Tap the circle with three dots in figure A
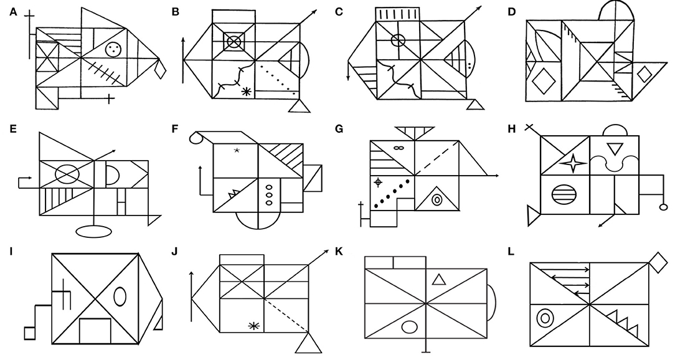(113, 50)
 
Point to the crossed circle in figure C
(398, 42)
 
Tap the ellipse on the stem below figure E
(93, 232)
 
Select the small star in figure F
(237, 151)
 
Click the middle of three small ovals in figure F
(269, 194)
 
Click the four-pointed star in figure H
(572, 164)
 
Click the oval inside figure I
(120, 296)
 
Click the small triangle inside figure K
(438, 280)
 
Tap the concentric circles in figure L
(545, 319)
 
